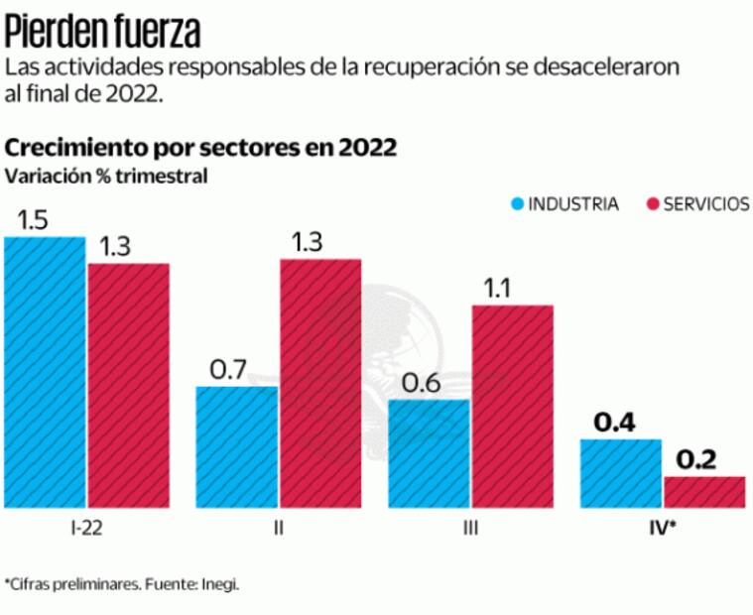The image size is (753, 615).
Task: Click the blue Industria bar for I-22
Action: tap(45, 372)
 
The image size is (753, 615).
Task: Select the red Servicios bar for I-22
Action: tap(128, 386)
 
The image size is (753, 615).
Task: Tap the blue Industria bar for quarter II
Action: tap(237, 447)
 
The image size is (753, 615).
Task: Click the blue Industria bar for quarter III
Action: tap(429, 454)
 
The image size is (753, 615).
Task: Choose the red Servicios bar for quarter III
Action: tap(512, 407)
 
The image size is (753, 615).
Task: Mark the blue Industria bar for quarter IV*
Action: tap(621, 473)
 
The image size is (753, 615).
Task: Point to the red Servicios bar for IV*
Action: tap(704, 492)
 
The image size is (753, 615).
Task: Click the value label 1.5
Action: tap(34, 220)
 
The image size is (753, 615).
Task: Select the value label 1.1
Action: tap(497, 289)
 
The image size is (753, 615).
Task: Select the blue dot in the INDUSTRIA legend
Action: tap(518, 204)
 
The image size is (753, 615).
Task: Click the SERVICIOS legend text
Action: tap(706, 204)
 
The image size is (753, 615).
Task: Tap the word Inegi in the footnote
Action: tap(221, 584)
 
